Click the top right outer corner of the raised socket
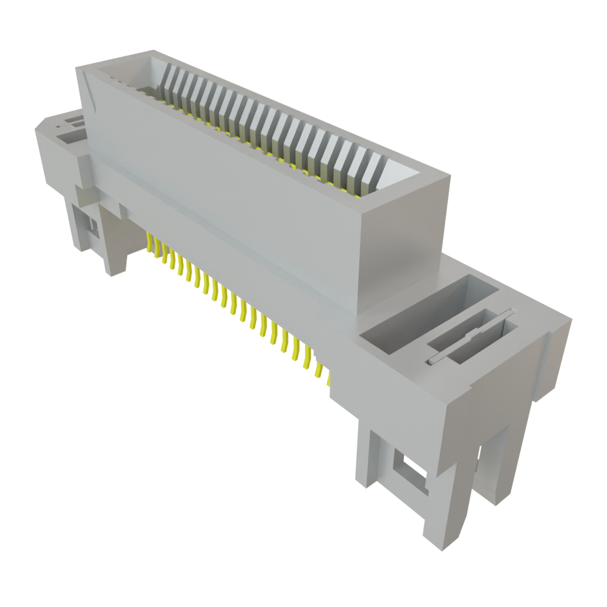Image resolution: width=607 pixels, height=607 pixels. pyautogui.click(x=448, y=172)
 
